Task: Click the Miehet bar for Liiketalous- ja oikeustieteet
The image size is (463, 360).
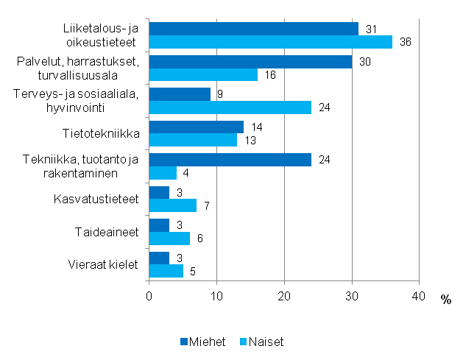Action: tap(254, 29)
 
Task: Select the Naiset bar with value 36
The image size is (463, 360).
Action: tap(271, 42)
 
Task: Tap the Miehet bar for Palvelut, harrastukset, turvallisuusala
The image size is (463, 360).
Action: tap(250, 62)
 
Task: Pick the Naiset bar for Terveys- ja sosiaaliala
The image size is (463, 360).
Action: tap(230, 108)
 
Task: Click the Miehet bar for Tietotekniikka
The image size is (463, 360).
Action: tap(197, 127)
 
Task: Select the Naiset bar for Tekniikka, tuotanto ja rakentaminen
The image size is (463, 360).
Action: tap(163, 174)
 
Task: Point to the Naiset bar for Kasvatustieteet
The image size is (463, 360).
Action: tap(173, 206)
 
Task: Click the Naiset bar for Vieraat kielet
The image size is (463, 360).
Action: tap(166, 272)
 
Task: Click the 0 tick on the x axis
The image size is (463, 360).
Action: tap(149, 295)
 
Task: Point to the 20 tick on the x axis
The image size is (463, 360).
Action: tap(284, 295)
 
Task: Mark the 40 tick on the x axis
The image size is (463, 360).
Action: tap(419, 295)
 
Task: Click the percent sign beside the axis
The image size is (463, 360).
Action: tap(446, 298)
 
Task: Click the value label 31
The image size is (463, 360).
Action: tap(372, 29)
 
